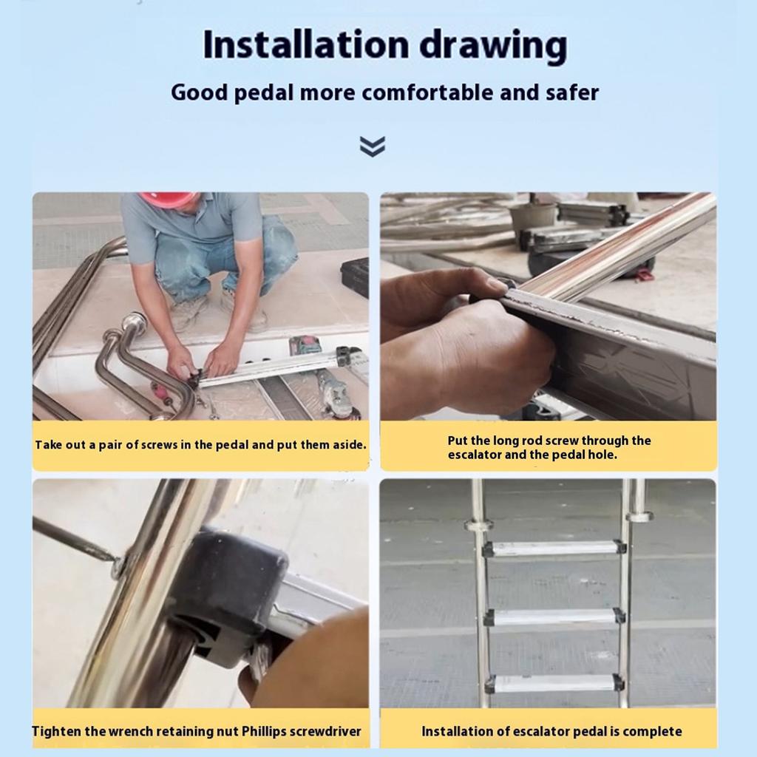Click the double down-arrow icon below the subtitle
[x=373, y=146]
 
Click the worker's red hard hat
[x=168, y=199]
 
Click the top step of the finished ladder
[x=554, y=548]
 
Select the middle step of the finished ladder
[x=554, y=617]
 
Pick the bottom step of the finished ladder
[x=554, y=683]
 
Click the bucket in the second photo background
[x=532, y=216]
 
